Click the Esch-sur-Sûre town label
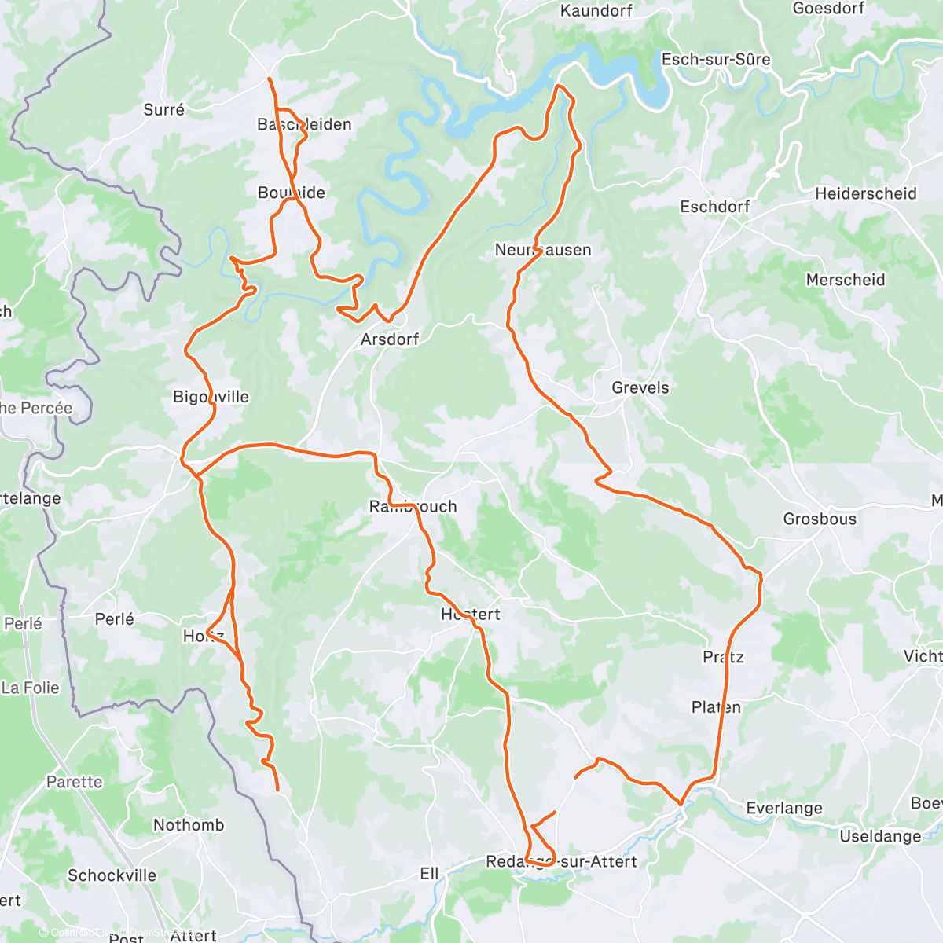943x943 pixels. pos(715,60)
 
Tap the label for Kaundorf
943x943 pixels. pos(596,11)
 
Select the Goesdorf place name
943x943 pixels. pos(828,9)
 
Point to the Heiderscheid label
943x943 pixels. pos(865,193)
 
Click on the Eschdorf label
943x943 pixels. pos(714,207)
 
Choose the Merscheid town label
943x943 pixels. pos(845,280)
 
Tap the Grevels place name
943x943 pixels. pos(640,387)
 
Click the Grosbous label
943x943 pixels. pos(819,519)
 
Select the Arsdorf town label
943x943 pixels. pos(389,339)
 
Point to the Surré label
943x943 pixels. pos(163,110)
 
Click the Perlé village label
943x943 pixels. pos(114,619)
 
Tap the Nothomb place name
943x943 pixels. pos(188,825)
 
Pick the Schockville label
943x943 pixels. pos(112,875)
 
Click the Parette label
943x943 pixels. pos(74,782)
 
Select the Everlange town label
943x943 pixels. pos(783,808)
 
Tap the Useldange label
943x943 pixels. pos(880,836)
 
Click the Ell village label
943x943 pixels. pos(429,874)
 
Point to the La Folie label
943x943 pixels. pos(30,688)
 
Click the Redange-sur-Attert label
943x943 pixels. pos(561,862)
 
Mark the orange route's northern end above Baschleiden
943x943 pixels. pos(270,79)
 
